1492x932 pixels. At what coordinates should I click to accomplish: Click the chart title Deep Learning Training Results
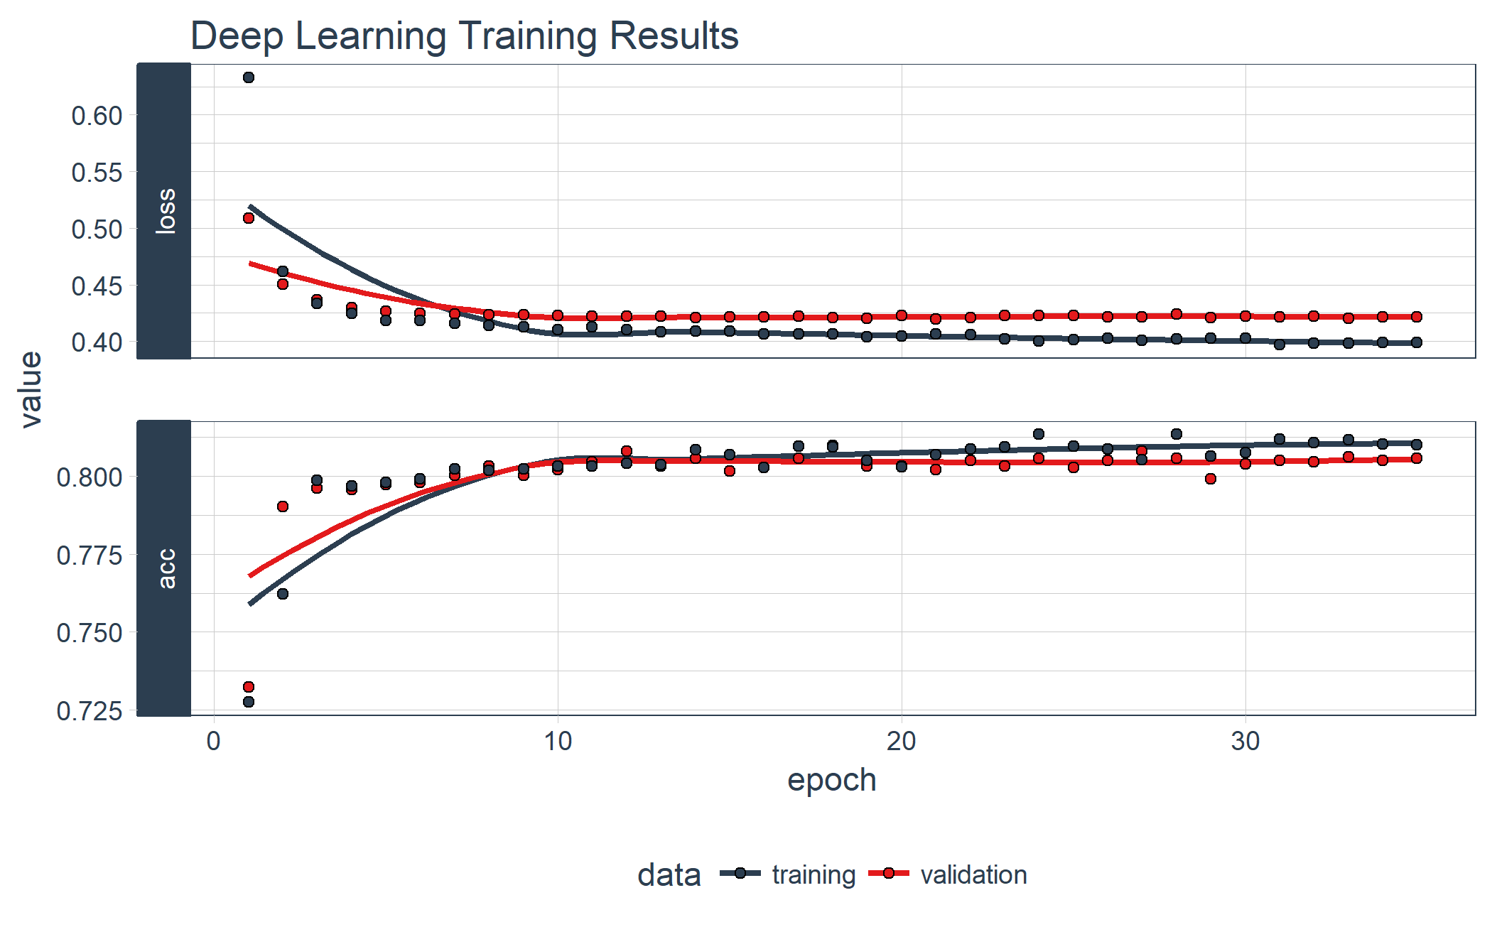click(465, 36)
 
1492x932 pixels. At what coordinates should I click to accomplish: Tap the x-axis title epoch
click(831, 780)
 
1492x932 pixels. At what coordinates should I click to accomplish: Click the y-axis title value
click(32, 389)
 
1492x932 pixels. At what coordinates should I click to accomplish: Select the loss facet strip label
click(165, 211)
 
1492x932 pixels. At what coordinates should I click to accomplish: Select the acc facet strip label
click(165, 568)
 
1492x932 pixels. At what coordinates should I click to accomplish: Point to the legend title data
click(669, 874)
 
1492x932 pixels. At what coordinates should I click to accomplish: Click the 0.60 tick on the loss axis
click(97, 116)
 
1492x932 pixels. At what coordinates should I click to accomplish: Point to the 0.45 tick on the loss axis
click(97, 286)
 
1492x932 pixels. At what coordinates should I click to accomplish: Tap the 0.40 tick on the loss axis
click(97, 342)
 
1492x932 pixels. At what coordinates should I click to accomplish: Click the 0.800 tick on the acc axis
click(90, 477)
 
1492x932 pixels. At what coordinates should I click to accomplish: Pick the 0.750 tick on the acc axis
click(90, 633)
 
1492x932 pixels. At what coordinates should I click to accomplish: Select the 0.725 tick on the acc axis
click(90, 710)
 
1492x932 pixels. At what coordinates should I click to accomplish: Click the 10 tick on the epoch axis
click(558, 742)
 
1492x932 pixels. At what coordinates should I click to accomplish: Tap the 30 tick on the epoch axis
click(1245, 742)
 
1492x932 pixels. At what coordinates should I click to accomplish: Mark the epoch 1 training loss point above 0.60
click(249, 77)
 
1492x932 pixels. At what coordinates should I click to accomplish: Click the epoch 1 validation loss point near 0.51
click(249, 218)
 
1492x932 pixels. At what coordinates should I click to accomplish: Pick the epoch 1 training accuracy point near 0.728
click(249, 702)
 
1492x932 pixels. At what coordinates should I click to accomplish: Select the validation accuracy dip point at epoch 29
click(1211, 479)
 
